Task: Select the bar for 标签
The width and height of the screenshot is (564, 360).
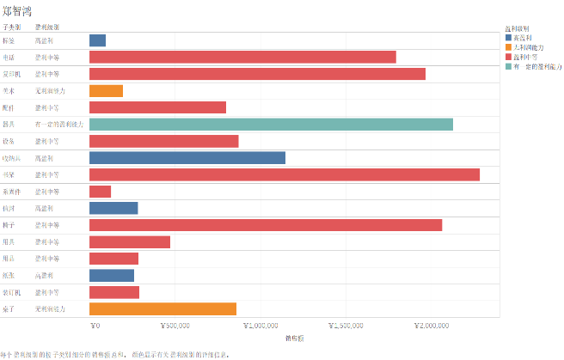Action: [x=97, y=40]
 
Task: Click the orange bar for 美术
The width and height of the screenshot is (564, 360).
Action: [x=106, y=91]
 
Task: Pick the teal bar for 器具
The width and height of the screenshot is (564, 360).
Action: [x=271, y=125]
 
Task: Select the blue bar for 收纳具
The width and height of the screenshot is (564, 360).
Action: [x=187, y=158]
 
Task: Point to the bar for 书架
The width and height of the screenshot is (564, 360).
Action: [x=285, y=174]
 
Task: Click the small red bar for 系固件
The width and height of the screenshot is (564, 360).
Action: [x=100, y=192]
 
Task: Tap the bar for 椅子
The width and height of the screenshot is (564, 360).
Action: [x=266, y=225]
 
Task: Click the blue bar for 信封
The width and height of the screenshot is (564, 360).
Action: [x=113, y=208]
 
